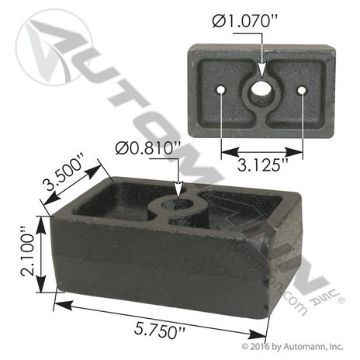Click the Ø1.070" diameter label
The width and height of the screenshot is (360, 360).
(245, 21)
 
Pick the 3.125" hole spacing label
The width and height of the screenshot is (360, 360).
(263, 165)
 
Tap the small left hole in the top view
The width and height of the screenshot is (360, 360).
(221, 90)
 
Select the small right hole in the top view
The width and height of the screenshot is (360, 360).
(302, 90)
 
